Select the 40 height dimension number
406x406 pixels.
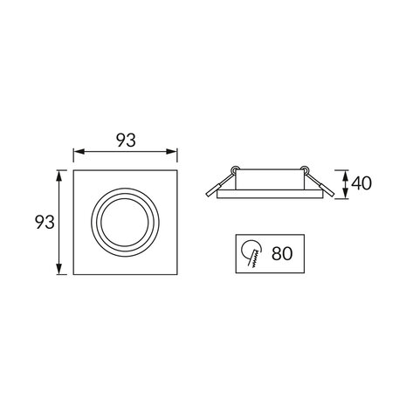coord(364,184)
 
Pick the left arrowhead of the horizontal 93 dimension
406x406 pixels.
coord(75,154)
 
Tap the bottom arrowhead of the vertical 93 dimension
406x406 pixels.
coord(60,272)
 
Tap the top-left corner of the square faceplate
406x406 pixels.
coord(73,172)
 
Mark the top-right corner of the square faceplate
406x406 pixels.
coord(177,172)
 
